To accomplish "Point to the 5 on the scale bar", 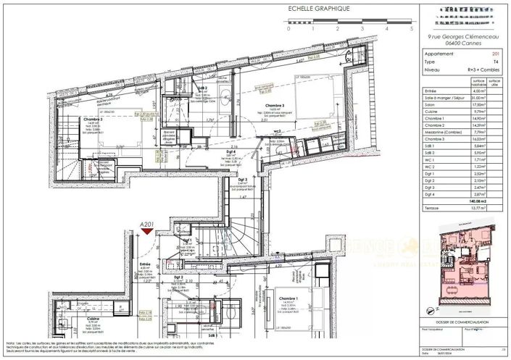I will tap(411, 30).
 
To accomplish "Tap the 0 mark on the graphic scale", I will tap(288, 30).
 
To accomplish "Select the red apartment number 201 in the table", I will tap(494, 54).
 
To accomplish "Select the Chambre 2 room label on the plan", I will tap(93, 119).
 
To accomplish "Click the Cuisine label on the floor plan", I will tap(94, 318).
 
